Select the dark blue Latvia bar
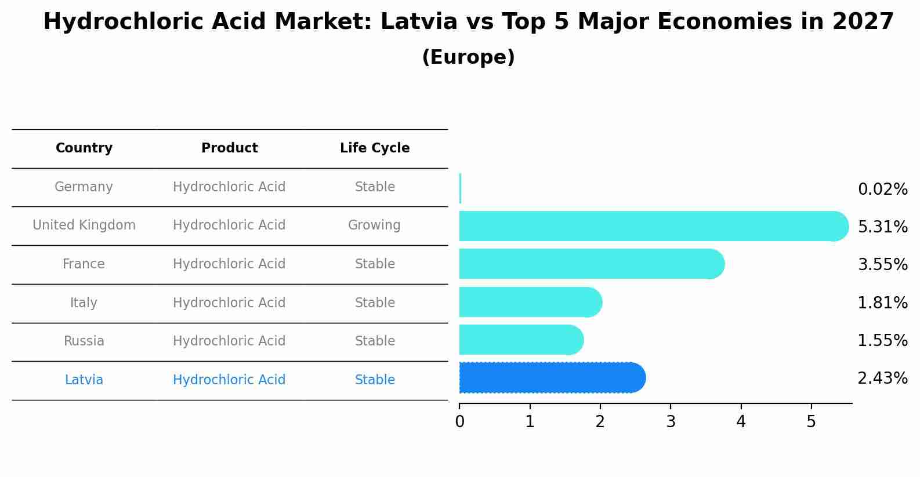pyautogui.click(x=551, y=378)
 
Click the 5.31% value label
pyautogui.click(x=882, y=227)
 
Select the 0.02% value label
pyautogui.click(x=882, y=190)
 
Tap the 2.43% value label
pyautogui.click(x=882, y=378)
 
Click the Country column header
pyautogui.click(x=84, y=148)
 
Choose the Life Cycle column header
pyautogui.click(x=375, y=148)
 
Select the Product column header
pyautogui.click(x=230, y=148)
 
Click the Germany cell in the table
pyautogui.click(x=84, y=187)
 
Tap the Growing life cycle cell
pyautogui.click(x=374, y=225)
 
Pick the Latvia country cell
pyautogui.click(x=84, y=380)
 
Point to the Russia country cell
pyautogui.click(x=84, y=341)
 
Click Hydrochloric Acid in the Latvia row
pyautogui.click(x=229, y=380)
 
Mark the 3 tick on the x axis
pyautogui.click(x=671, y=422)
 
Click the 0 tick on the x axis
pyautogui.click(x=459, y=422)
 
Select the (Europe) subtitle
pyautogui.click(x=468, y=57)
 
